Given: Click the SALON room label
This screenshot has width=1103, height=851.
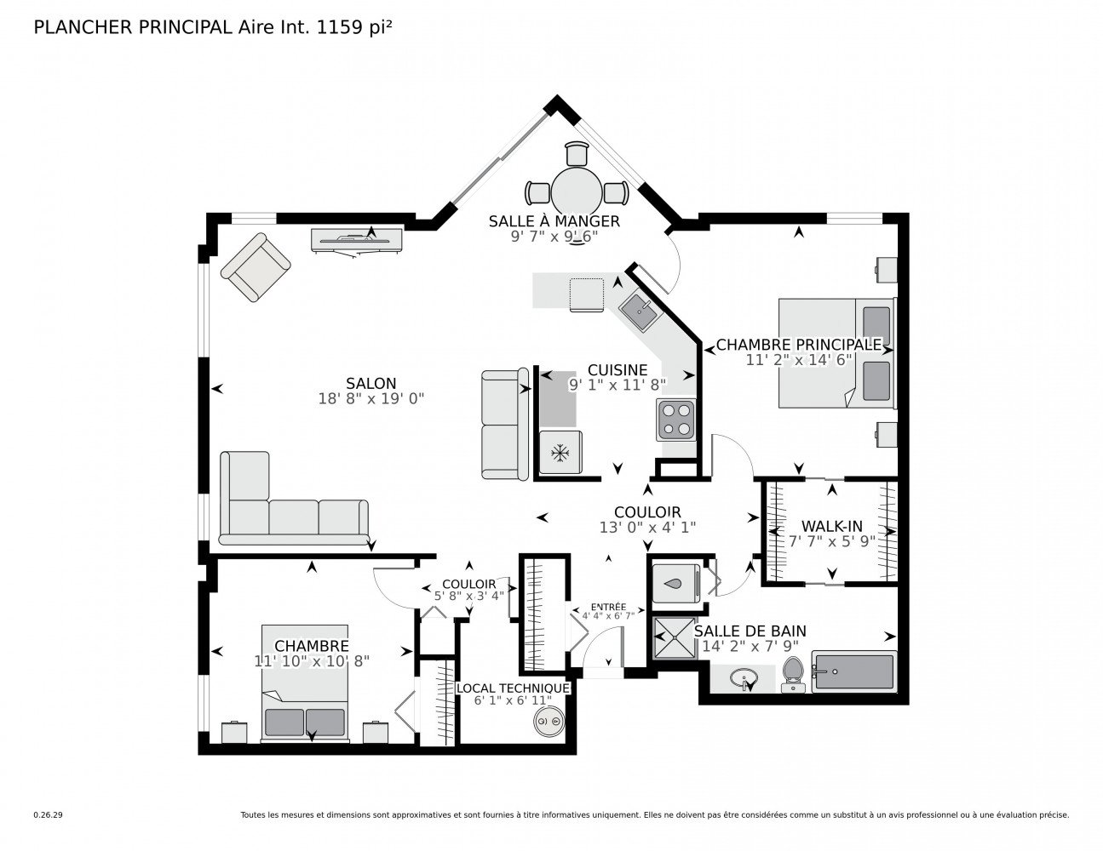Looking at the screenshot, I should tap(371, 383).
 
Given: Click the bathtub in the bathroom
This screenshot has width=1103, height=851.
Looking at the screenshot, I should tap(853, 672).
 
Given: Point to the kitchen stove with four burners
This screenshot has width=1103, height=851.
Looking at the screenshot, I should tap(675, 420).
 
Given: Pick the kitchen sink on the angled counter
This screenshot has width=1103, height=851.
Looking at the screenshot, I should tap(637, 311).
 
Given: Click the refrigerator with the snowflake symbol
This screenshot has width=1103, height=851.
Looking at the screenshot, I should tap(560, 453).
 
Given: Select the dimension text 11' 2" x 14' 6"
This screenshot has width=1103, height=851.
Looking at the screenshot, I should tap(798, 360).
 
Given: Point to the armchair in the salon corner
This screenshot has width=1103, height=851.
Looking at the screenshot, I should tap(255, 266).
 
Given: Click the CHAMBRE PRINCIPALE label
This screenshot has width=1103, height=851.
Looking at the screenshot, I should tap(798, 345).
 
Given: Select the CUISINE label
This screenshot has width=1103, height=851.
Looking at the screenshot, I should tap(618, 370).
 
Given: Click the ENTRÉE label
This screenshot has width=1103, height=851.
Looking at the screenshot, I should tap(608, 606).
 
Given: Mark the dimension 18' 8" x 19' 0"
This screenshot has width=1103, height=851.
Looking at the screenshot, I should tap(371, 398).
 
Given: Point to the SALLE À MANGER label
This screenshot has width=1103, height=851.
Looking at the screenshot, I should tap(554, 221).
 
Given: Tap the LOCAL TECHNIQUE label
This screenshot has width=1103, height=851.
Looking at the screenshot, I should tap(513, 688).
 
